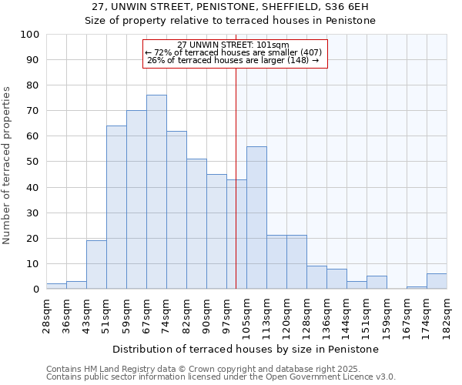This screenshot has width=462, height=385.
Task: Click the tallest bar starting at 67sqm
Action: tap(156, 192)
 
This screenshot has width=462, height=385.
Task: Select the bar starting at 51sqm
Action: tap(116, 208)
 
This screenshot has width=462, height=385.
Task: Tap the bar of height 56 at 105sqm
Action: tap(256, 218)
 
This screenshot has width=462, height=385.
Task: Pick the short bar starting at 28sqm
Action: tap(56, 286)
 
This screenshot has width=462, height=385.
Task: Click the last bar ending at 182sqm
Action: tap(437, 282)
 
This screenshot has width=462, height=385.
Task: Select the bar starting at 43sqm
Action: tap(96, 265)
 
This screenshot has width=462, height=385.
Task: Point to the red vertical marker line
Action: tap(236, 177)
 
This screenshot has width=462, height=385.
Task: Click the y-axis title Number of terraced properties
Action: tap(8, 165)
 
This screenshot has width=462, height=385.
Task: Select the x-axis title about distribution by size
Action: tap(246, 350)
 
